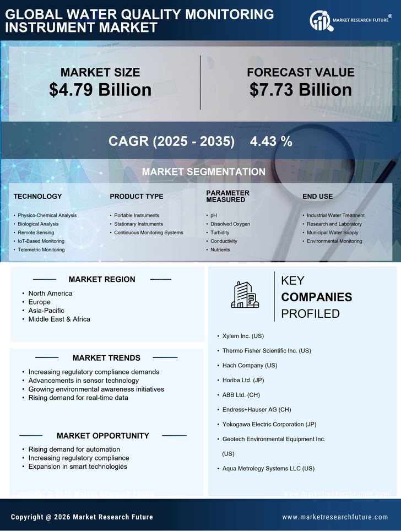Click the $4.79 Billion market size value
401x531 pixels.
100,90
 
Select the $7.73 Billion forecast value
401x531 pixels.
300,90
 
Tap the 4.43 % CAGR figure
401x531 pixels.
271,141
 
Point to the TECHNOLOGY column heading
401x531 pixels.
37,196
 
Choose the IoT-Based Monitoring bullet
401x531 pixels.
41,241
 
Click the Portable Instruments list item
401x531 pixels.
136,215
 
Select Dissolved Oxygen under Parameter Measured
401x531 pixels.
230,224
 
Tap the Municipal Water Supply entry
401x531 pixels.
332,232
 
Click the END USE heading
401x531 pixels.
317,196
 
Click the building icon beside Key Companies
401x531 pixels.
245,295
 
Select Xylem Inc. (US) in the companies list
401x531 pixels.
243,336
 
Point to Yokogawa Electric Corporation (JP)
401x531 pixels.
269,425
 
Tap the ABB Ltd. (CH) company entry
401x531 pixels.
241,395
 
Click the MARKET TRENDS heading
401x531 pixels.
106,358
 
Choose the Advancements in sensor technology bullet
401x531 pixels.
83,381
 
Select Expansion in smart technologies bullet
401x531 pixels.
78,467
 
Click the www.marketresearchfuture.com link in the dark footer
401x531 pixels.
335,517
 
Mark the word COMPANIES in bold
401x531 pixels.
316,297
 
